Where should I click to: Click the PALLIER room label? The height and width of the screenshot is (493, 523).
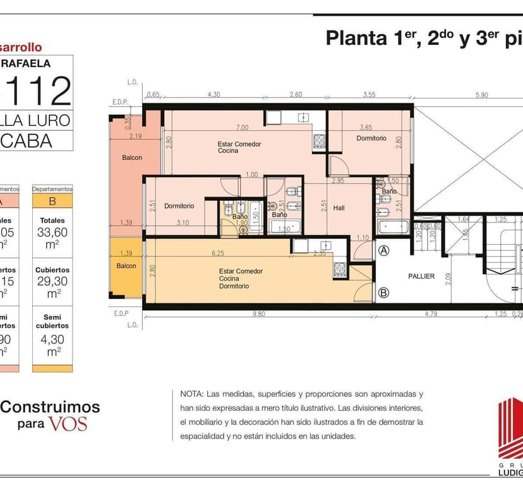click(x=421, y=276)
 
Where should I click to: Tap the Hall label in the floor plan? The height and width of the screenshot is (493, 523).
click(x=339, y=208)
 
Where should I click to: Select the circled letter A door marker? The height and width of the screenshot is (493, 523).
click(x=383, y=250)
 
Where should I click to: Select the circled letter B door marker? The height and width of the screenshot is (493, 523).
click(x=383, y=292)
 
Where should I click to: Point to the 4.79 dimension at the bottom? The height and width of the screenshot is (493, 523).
click(x=430, y=313)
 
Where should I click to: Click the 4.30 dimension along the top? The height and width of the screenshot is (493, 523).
click(x=214, y=95)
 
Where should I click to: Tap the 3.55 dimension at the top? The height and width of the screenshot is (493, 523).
click(x=369, y=95)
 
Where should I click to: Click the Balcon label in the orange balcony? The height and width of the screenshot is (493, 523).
click(x=126, y=266)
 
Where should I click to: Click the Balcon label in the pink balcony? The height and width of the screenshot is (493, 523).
click(x=131, y=158)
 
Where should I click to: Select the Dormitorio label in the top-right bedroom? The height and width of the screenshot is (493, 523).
click(x=371, y=138)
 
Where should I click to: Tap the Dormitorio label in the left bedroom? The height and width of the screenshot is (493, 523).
click(x=179, y=206)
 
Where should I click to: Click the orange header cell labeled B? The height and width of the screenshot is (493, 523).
click(x=52, y=202)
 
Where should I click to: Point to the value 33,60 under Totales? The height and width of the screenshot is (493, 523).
click(x=52, y=232)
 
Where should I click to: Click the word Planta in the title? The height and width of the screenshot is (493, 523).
click(x=354, y=39)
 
